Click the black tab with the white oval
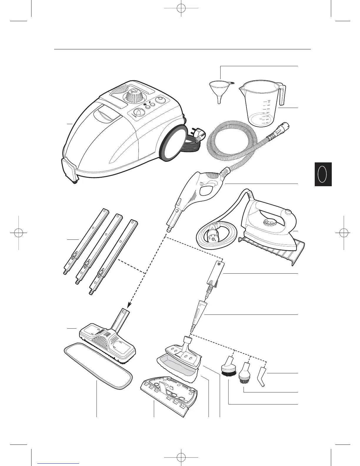pyautogui.click(x=323, y=174)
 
